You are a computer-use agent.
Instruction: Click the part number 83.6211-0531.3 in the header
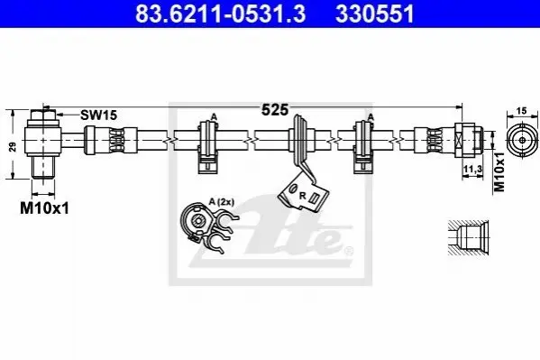click(220, 14)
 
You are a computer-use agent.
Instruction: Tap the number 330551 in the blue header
click(375, 14)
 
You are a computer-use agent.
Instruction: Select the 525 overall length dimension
click(274, 110)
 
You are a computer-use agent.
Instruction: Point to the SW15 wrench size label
click(99, 115)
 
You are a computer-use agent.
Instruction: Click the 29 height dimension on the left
click(13, 147)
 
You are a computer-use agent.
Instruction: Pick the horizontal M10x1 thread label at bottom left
click(44, 208)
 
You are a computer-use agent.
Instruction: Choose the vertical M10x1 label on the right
click(499, 171)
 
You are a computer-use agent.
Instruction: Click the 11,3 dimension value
click(472, 169)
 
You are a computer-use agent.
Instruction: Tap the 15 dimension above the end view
click(522, 111)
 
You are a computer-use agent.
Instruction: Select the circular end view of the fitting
click(522, 141)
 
